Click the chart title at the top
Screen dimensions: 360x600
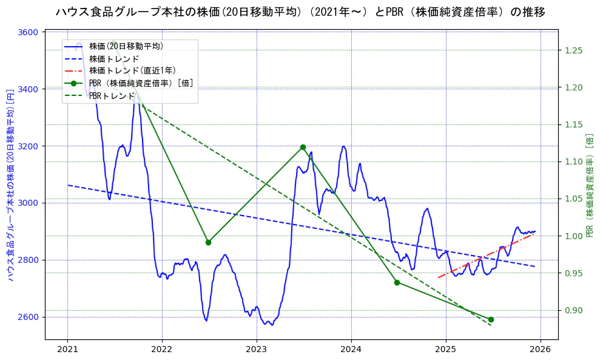pyautogui.click(x=300, y=12)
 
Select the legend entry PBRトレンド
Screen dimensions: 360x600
pyautogui.click(x=112, y=95)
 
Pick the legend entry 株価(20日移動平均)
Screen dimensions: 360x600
pyautogui.click(x=126, y=46)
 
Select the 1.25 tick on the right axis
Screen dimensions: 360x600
pyautogui.click(x=573, y=50)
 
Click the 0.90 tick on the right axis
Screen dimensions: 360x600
pyautogui.click(x=573, y=310)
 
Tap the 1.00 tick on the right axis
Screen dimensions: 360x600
pyautogui.click(x=573, y=236)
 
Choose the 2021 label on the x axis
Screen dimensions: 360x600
pyautogui.click(x=67, y=350)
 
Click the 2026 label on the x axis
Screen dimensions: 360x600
pyautogui.click(x=541, y=350)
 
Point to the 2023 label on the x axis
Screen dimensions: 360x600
pyautogui.click(x=257, y=350)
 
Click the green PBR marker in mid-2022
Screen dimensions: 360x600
pyautogui.click(x=208, y=242)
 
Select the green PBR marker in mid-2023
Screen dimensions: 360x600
pyautogui.click(x=303, y=147)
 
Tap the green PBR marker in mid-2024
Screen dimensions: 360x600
pyautogui.click(x=397, y=282)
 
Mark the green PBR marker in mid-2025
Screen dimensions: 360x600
pyautogui.click(x=491, y=319)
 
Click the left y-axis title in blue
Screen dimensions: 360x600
pyautogui.click(x=10, y=185)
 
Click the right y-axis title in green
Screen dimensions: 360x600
pyautogui.click(x=590, y=185)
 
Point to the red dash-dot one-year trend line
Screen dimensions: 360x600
pyautogui.click(x=485, y=256)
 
